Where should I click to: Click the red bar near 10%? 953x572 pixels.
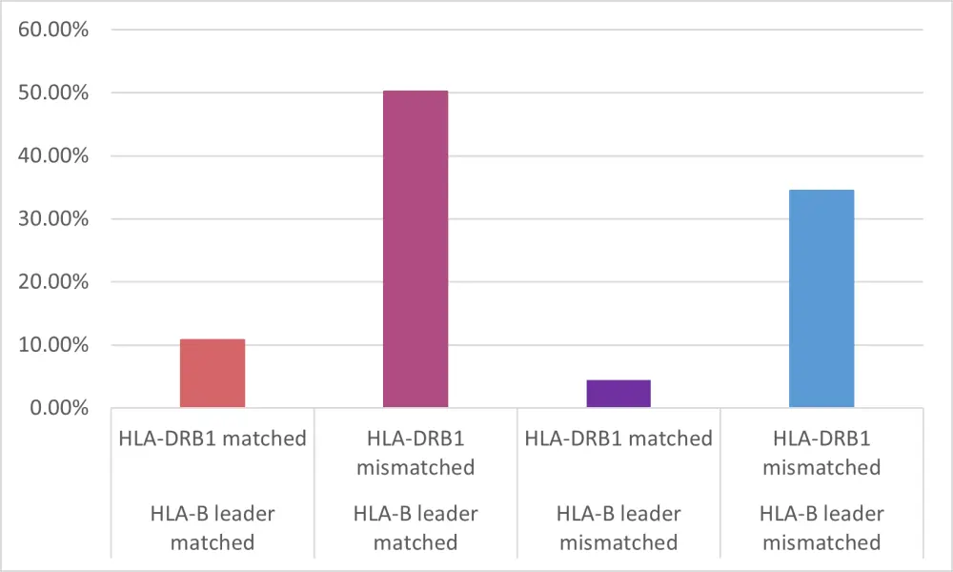(213, 374)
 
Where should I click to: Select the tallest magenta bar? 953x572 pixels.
(416, 250)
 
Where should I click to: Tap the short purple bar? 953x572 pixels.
(618, 394)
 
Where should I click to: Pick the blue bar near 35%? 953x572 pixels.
(821, 299)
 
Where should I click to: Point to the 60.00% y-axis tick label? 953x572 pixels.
(54, 30)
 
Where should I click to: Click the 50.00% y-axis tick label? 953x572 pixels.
(54, 92)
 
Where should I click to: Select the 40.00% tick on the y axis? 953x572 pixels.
(54, 155)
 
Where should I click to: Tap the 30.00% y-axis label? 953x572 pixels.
(54, 218)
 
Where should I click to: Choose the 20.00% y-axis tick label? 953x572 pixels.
(54, 281)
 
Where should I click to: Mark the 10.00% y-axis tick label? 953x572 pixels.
(54, 344)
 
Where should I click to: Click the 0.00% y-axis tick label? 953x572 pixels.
(59, 407)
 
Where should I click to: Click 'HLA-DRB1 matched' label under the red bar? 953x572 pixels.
(213, 439)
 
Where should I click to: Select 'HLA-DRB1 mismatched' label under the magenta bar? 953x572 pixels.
(416, 453)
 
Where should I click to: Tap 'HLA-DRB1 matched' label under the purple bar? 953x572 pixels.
(618, 439)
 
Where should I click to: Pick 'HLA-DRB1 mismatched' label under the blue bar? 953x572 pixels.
(821, 453)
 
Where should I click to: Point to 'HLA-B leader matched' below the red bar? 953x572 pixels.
(213, 528)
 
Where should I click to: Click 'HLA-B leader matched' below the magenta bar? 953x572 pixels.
(416, 528)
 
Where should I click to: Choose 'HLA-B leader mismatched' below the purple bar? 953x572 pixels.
(618, 528)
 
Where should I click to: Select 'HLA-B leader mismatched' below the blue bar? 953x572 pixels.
(821, 528)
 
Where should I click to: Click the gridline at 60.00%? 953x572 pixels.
(515, 30)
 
